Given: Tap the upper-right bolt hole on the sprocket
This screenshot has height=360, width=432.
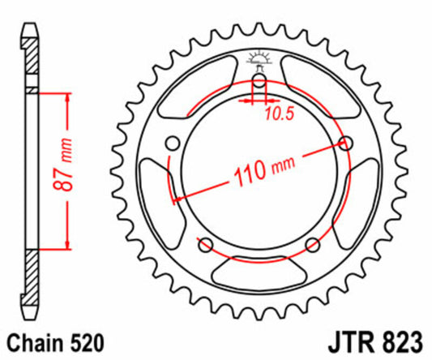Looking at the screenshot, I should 349,144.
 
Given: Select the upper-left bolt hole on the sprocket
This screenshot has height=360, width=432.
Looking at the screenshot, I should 171,144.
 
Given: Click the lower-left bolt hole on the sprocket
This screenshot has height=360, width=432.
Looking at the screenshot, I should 205,246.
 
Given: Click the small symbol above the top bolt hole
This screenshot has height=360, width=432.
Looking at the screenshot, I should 259,58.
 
